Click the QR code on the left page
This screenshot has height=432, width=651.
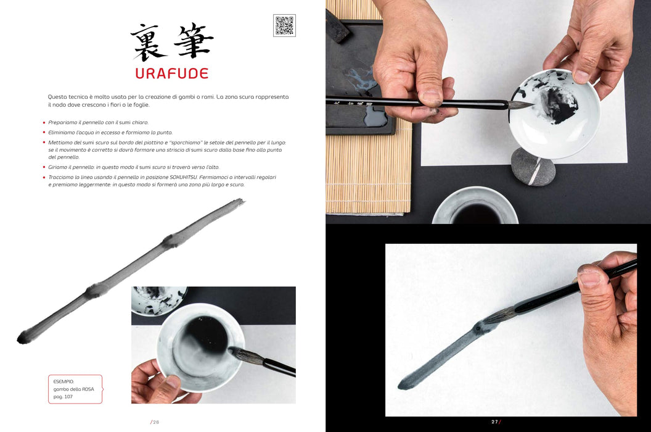[284, 25]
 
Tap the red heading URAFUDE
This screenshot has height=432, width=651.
[172, 73]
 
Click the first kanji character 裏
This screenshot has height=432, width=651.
[148, 41]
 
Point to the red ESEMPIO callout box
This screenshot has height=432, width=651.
[75, 389]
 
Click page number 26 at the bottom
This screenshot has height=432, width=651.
[155, 422]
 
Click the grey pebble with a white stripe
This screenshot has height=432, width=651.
[533, 167]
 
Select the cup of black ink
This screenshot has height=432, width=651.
[475, 206]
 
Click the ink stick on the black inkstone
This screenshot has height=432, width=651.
[338, 27]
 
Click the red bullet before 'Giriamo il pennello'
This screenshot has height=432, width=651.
[44, 167]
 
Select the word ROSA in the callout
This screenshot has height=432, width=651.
[88, 389]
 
